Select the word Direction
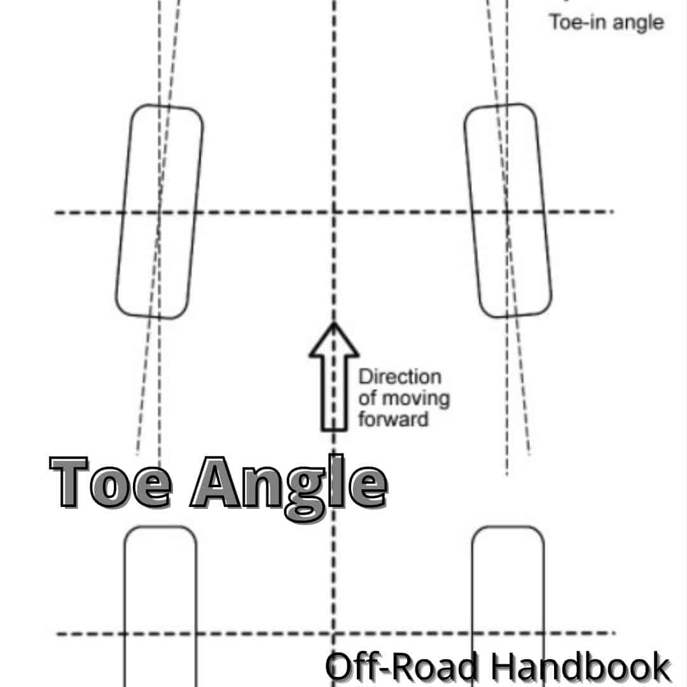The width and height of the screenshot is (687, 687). tap(399, 377)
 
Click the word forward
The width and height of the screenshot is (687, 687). tap(393, 420)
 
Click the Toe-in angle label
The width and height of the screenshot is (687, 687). tap(606, 23)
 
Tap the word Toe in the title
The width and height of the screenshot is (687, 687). tap(112, 482)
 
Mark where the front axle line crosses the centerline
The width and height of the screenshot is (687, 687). tap(334, 212)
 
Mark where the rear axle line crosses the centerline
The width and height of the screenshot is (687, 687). tap(334, 634)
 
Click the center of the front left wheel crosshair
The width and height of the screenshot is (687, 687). tap(159, 212)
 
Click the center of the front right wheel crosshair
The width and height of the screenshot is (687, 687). tap(507, 212)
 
